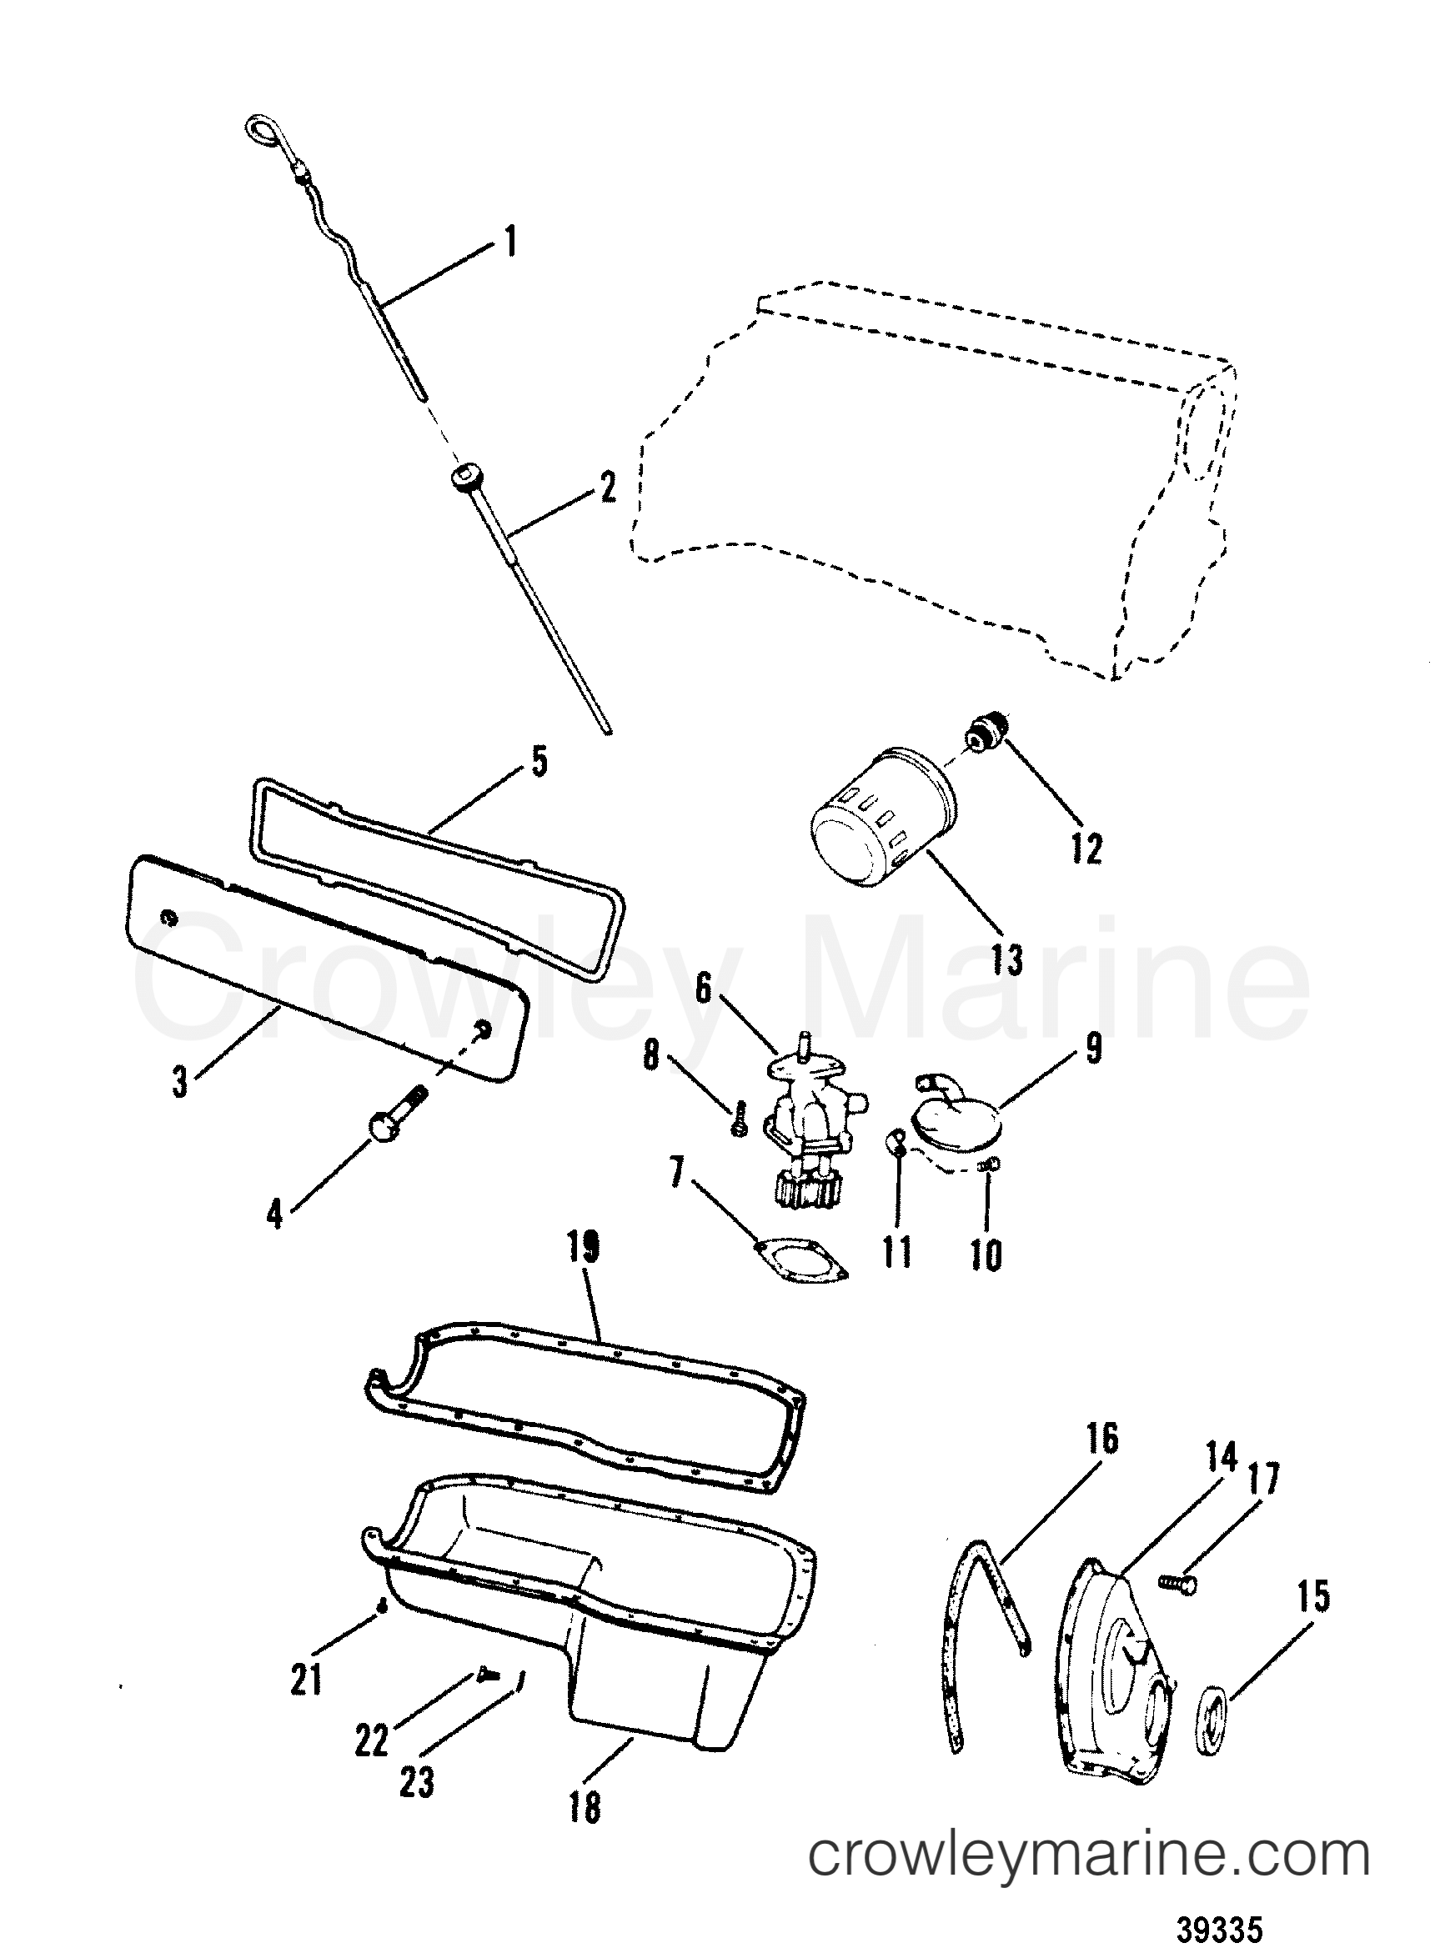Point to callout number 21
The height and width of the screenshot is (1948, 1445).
[306, 1680]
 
